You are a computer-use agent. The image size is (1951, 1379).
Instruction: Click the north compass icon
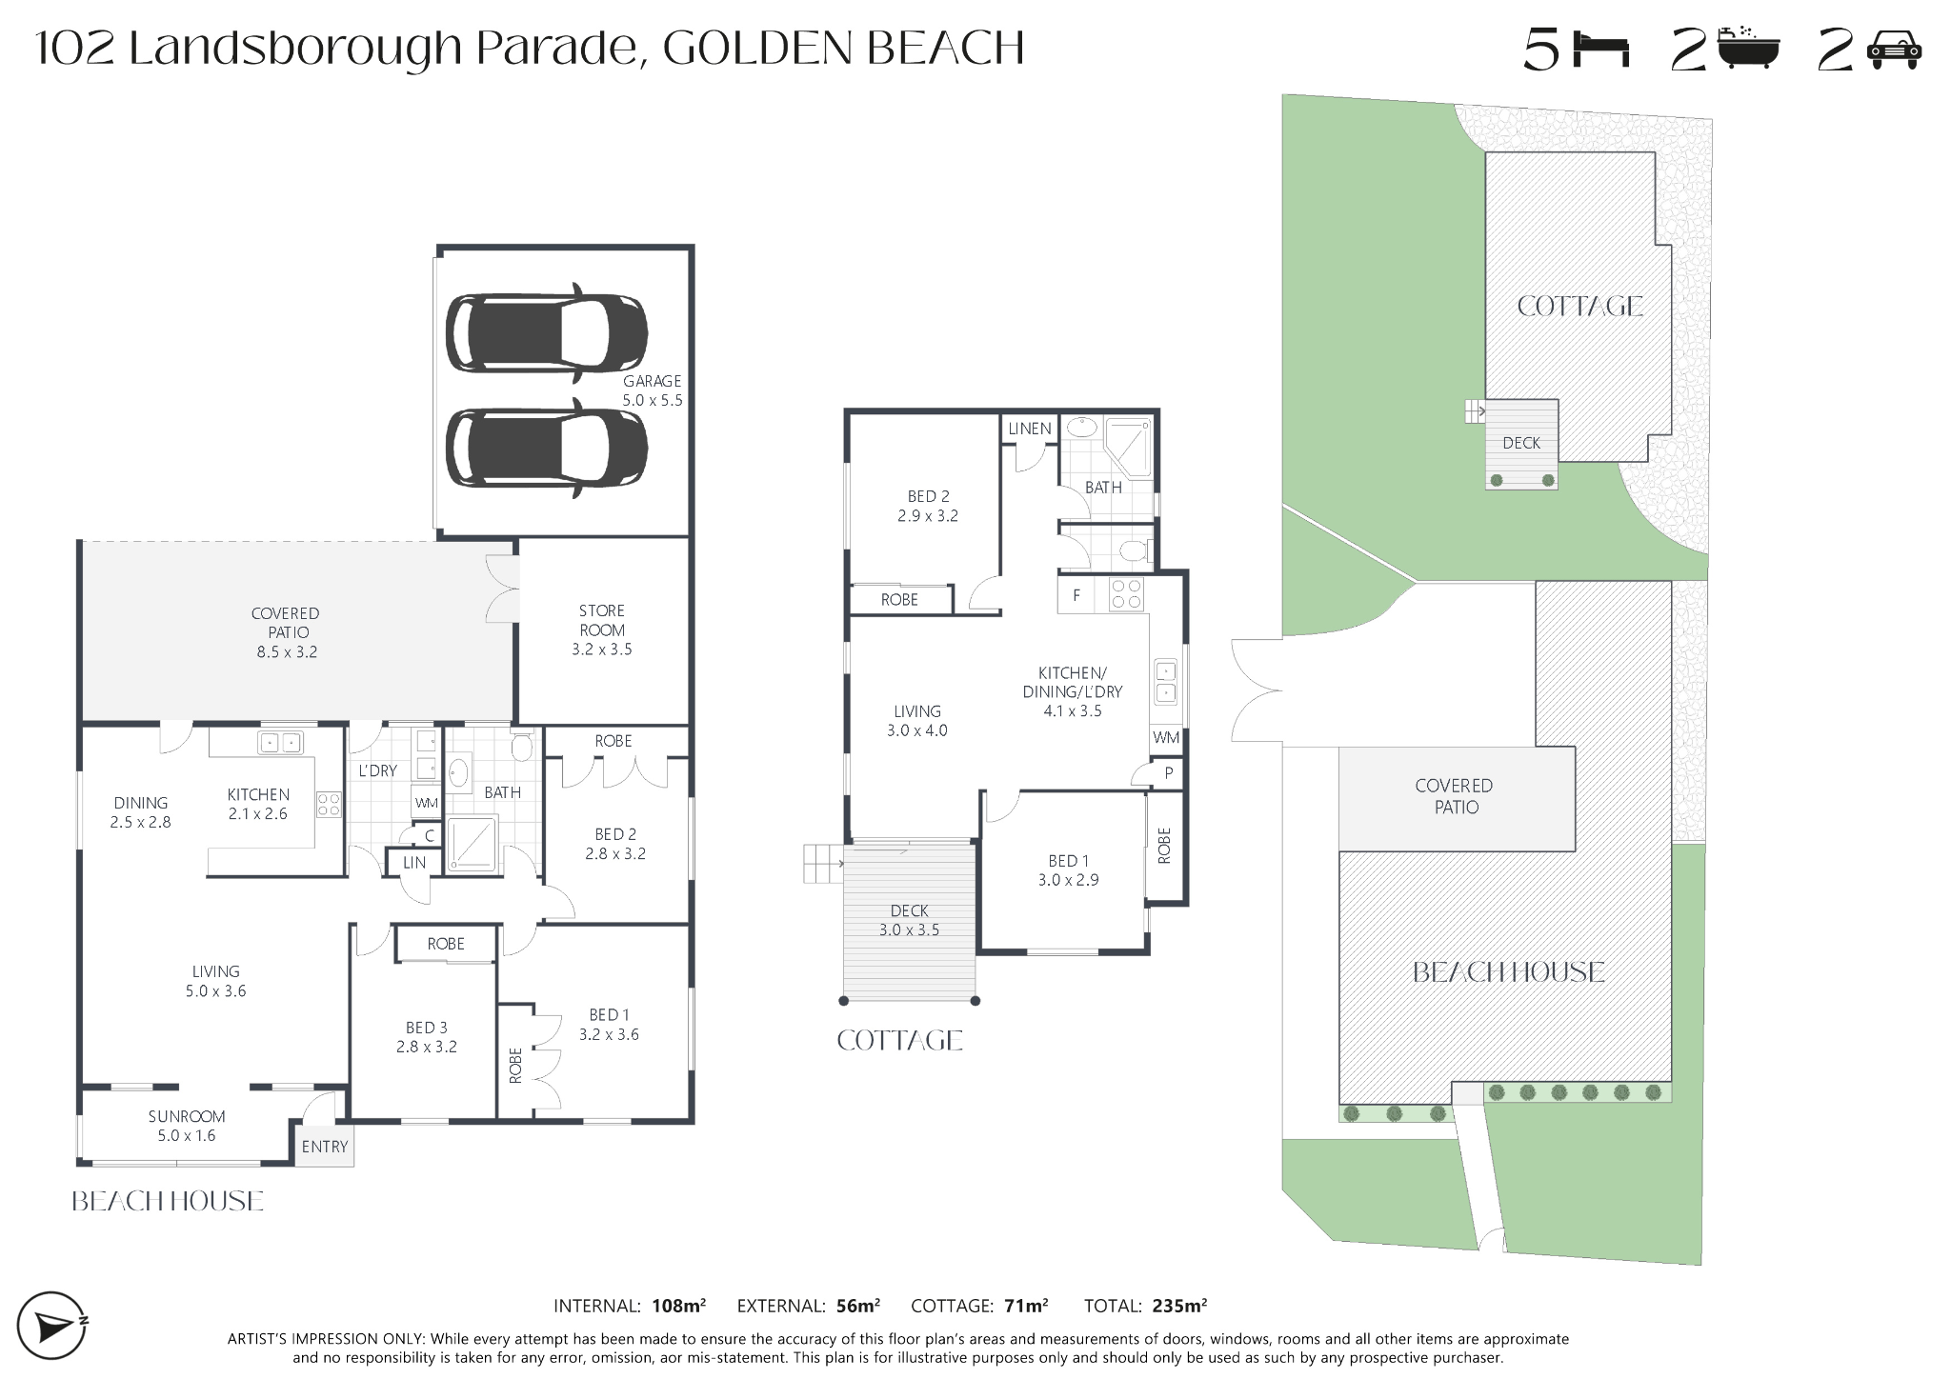(x=53, y=1326)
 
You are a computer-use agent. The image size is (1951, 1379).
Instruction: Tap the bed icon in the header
(x=1603, y=50)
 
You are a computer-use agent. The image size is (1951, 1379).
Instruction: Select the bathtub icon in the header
(x=1748, y=48)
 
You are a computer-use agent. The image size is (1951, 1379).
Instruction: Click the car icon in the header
(x=1895, y=50)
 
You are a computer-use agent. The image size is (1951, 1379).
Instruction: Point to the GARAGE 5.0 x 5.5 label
(x=653, y=390)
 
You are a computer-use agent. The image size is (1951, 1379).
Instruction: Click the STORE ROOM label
(x=602, y=620)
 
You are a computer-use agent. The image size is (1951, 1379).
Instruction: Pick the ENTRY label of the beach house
(x=325, y=1147)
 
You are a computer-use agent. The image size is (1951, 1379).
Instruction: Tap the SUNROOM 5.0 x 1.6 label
(x=187, y=1126)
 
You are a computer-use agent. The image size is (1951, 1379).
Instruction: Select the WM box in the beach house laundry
(x=426, y=803)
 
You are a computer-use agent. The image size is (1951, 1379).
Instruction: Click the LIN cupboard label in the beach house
(x=414, y=863)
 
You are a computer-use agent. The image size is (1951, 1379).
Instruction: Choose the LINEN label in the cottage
(x=1030, y=429)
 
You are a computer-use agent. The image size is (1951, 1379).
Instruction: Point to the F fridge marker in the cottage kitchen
(x=1076, y=596)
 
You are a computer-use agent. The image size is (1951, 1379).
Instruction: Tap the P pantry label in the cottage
(x=1169, y=773)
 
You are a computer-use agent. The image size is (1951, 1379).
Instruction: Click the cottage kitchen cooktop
(x=1126, y=594)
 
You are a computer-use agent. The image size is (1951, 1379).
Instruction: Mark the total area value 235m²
(x=1179, y=1306)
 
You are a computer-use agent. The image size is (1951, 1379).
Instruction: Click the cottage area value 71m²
(x=1025, y=1306)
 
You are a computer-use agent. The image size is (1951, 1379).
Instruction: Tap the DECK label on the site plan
(x=1521, y=443)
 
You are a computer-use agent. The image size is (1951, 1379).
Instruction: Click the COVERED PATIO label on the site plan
(x=1455, y=796)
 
